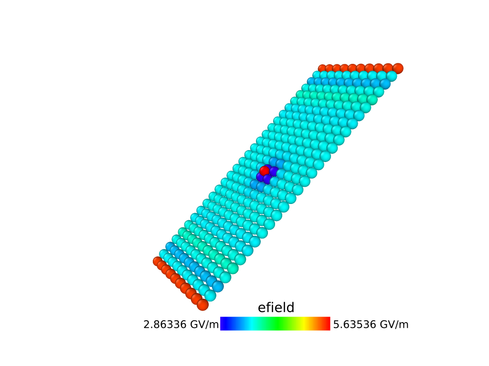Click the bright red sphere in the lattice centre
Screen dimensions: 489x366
[x=265, y=171]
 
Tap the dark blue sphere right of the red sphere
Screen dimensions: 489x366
[x=274, y=172]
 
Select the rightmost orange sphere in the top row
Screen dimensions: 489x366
[x=398, y=69]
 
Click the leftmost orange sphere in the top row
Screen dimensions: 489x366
[x=322, y=68]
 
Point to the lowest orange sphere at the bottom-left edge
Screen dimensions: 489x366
[x=202, y=305]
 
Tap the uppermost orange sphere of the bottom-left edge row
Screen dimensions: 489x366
[x=158, y=261]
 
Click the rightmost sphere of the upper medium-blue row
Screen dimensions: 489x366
[x=385, y=84]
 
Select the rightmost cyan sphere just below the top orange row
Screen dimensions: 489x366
[x=392, y=76]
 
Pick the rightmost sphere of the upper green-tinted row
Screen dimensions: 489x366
[x=372, y=100]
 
